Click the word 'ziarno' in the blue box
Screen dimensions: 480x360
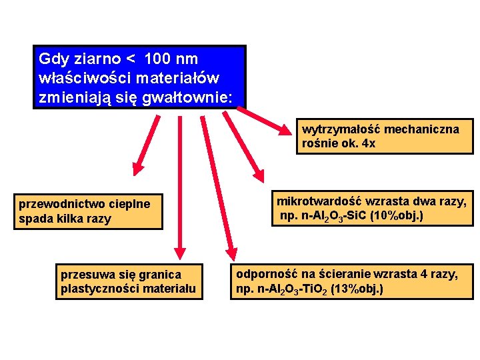pos(89,59)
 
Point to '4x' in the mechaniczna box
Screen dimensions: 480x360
pos(367,143)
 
